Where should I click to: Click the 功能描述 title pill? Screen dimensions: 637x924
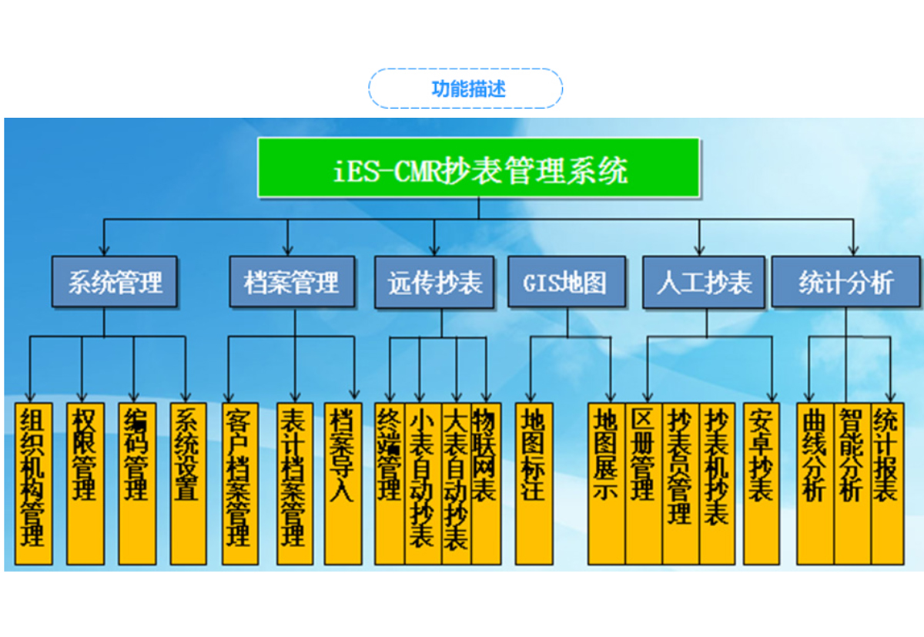pyautogui.click(x=465, y=88)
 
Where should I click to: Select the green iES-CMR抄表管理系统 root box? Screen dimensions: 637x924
pyautogui.click(x=478, y=168)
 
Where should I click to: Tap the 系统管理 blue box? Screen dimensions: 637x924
pyautogui.click(x=115, y=283)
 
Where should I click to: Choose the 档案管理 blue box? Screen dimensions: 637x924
pyautogui.click(x=292, y=283)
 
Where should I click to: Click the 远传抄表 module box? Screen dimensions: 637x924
pyautogui.click(x=434, y=283)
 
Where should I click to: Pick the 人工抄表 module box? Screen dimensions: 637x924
pyautogui.click(x=704, y=283)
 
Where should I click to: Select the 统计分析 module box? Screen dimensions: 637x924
pyautogui.click(x=845, y=283)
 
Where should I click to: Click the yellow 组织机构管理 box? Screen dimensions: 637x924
pyautogui.click(x=33, y=483)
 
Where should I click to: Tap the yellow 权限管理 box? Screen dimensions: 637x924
pyautogui.click(x=85, y=483)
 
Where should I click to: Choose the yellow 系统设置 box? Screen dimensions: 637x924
pyautogui.click(x=188, y=483)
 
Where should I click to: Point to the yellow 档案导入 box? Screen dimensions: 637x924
pyautogui.click(x=343, y=483)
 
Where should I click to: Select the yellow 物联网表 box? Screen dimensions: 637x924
pyautogui.click(x=486, y=483)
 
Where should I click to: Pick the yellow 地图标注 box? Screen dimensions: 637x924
pyautogui.click(x=534, y=483)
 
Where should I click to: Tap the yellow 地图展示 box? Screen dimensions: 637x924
pyautogui.click(x=606, y=483)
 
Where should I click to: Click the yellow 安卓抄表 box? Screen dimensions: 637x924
pyautogui.click(x=762, y=483)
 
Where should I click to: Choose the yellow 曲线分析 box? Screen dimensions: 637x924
pyautogui.click(x=815, y=483)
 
